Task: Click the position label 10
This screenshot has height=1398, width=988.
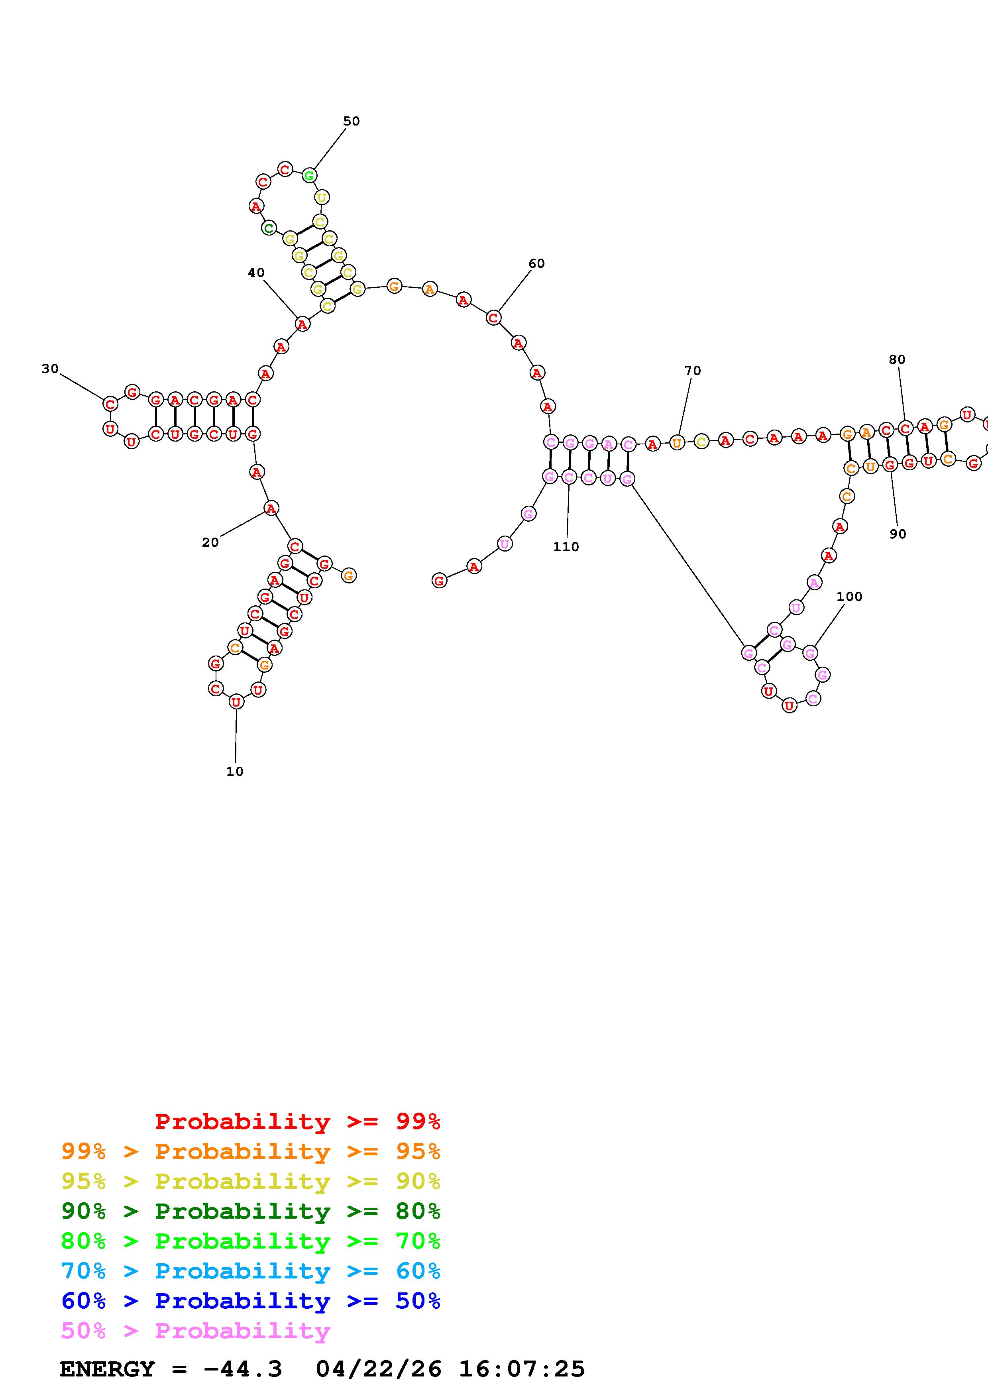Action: click(x=235, y=772)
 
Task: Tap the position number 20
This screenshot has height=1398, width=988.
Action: click(x=210, y=542)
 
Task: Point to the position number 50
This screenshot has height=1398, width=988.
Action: click(x=351, y=121)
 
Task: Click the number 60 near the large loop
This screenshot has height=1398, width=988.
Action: click(x=536, y=264)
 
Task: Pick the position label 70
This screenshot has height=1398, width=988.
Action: click(x=692, y=371)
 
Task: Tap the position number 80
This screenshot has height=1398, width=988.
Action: click(x=897, y=360)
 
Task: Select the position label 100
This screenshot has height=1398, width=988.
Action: click(x=849, y=597)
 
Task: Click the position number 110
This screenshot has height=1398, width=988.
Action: click(x=566, y=547)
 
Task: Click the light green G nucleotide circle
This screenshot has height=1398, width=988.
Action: click(x=309, y=175)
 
